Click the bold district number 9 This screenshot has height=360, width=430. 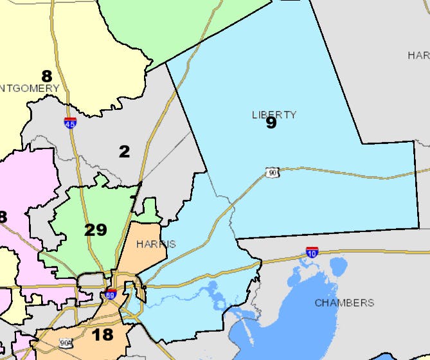[x=271, y=123]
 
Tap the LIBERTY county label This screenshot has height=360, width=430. [x=274, y=114]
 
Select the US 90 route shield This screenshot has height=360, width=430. [x=272, y=172]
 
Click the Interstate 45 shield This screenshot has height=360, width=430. [x=70, y=122]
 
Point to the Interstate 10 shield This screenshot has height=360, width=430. [x=312, y=252]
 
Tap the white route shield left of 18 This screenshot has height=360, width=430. [x=66, y=343]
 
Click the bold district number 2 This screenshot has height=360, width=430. [x=124, y=152]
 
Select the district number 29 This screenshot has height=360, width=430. [x=95, y=230]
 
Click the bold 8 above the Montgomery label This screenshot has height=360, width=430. [x=46, y=76]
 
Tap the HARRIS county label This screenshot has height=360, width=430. [x=156, y=244]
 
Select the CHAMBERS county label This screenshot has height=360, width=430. [x=344, y=302]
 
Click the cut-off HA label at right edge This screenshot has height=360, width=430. [x=418, y=55]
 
